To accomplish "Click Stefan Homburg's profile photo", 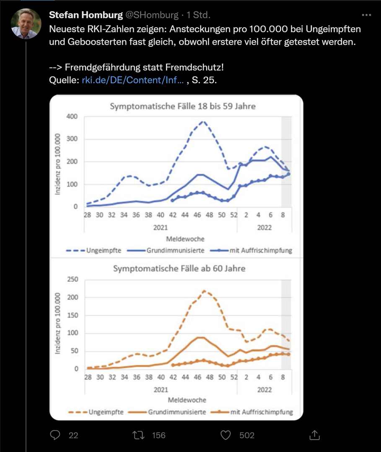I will point(26,24).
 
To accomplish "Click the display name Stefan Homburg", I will point(86,15).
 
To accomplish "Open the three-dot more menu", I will point(366,15).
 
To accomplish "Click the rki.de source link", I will point(132,80).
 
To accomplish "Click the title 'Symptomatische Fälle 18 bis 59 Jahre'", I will point(182,106).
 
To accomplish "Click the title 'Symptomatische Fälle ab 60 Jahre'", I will point(179,269).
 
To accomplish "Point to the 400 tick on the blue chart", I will point(72,116).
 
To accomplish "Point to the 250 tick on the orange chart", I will point(72,280).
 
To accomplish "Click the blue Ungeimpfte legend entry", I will point(94,250).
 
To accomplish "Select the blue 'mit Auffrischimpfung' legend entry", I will point(256,250).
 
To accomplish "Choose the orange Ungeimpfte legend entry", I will point(96,412).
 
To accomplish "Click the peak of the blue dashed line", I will point(203,122).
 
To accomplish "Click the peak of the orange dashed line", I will point(204,291).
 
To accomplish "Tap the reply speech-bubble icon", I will point(55,435).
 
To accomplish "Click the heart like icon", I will point(225,435).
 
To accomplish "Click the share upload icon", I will point(315,435).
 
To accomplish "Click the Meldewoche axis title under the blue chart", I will point(185,239).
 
